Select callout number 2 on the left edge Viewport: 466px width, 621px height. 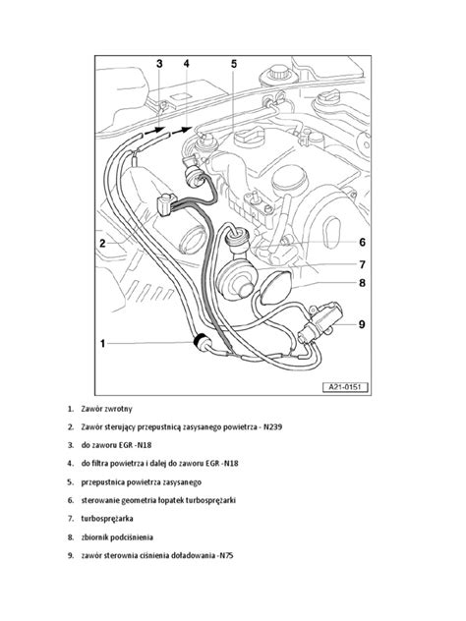[102, 242]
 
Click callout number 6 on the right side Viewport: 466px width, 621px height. [362, 242]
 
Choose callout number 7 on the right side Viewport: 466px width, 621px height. [362, 263]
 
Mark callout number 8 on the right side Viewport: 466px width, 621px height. [362, 284]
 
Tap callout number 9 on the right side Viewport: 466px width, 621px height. [362, 323]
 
